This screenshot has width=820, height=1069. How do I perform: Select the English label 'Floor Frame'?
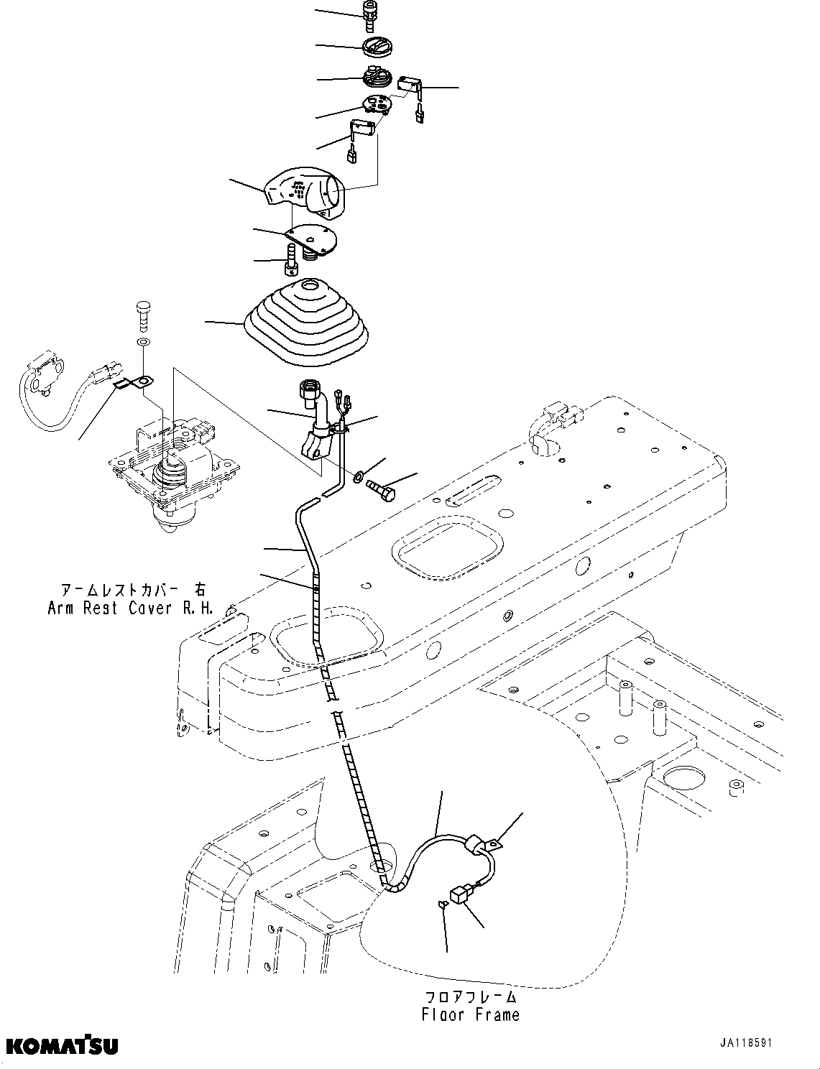470,1014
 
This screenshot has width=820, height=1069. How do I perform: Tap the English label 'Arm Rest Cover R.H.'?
131,608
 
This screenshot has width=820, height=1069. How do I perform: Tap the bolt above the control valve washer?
142,314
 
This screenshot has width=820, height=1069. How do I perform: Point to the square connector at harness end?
458,894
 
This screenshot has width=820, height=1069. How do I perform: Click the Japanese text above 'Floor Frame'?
470,996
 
